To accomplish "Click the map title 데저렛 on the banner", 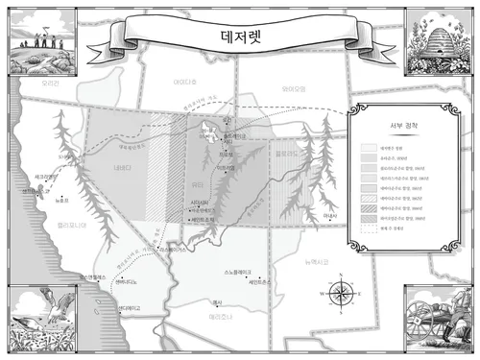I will click(x=239, y=36).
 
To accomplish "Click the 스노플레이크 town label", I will click(x=238, y=272).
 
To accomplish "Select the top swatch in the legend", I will click(x=369, y=149).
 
